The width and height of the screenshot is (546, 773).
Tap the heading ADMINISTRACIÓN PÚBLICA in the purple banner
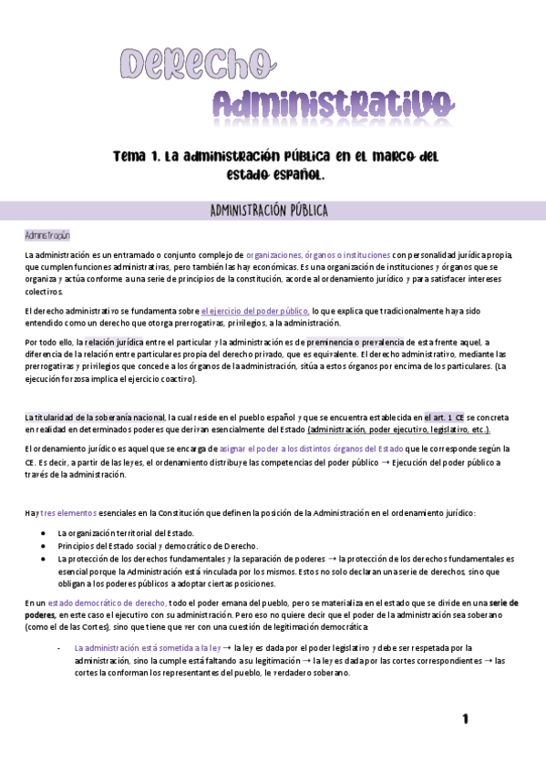coord(268,211)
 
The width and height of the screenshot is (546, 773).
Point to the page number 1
coord(465,719)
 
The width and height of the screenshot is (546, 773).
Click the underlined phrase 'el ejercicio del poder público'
coord(255,311)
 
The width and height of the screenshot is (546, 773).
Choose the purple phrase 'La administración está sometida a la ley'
coord(151,646)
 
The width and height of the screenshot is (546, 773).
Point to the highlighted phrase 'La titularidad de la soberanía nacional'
coord(95,417)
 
